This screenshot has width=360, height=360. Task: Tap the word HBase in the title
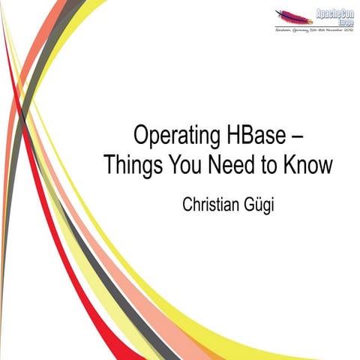tap(252, 136)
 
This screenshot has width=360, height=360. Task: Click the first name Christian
tap(214, 203)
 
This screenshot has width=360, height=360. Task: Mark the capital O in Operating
tap(141, 136)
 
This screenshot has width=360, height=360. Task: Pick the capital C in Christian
tap(187, 203)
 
